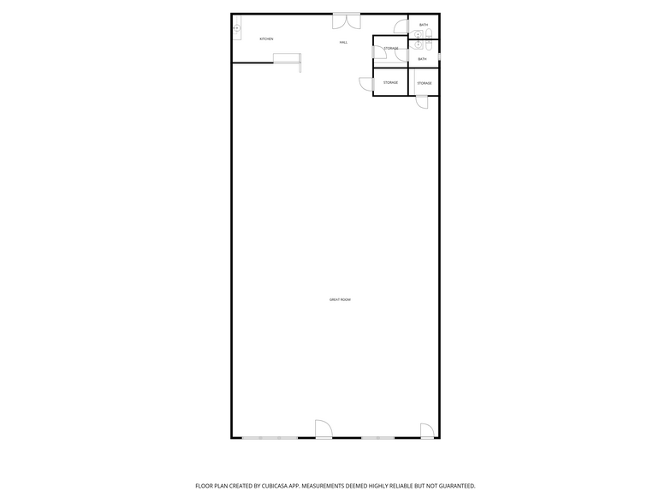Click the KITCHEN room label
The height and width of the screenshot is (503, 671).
[266, 39]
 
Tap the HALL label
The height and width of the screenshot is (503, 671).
[343, 42]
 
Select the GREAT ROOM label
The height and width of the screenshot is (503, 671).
[340, 299]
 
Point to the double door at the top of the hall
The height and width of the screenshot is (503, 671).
[346, 19]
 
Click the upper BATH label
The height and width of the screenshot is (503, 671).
[423, 25]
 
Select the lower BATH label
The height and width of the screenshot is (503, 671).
[422, 59]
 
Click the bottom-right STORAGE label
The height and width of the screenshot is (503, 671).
[424, 83]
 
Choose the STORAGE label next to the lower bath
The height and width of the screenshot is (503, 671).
[390, 49]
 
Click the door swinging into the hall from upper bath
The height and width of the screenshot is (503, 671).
[401, 26]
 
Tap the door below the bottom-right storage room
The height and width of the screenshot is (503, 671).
[421, 102]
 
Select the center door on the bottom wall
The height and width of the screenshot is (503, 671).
[324, 429]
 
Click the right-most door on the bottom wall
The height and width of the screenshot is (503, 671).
[426, 431]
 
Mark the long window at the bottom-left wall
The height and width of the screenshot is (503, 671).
[270, 438]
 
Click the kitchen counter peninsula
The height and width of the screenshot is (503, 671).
[288, 58]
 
